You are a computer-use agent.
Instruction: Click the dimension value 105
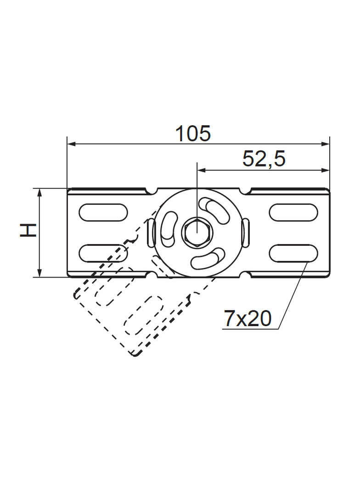[193, 133]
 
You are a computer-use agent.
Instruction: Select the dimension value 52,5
[264, 159]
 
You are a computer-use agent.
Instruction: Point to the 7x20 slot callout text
[247, 319]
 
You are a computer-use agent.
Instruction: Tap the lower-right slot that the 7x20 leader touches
[293, 253]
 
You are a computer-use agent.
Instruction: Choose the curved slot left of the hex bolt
[169, 227]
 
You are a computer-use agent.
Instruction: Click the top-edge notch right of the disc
[247, 190]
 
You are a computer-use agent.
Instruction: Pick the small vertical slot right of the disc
[245, 233]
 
